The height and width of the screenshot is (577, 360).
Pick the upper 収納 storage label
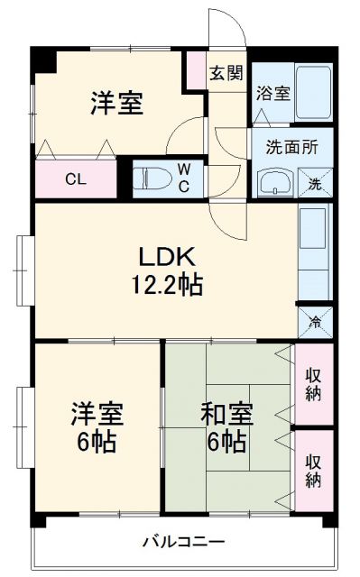(x=314, y=383)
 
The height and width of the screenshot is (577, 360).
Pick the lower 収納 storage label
(x=314, y=469)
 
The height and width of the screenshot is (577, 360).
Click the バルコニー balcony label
(x=184, y=543)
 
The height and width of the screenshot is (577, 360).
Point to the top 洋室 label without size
(x=115, y=104)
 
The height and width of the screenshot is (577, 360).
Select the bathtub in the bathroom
(x=312, y=91)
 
